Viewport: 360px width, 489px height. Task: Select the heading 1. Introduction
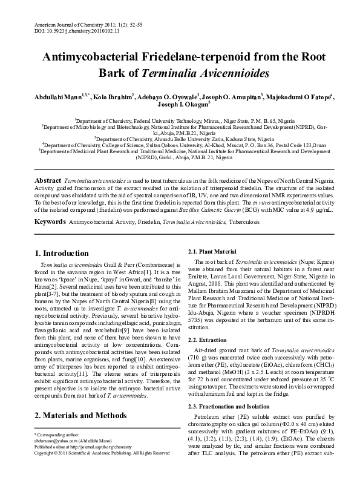(x=62, y=254)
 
